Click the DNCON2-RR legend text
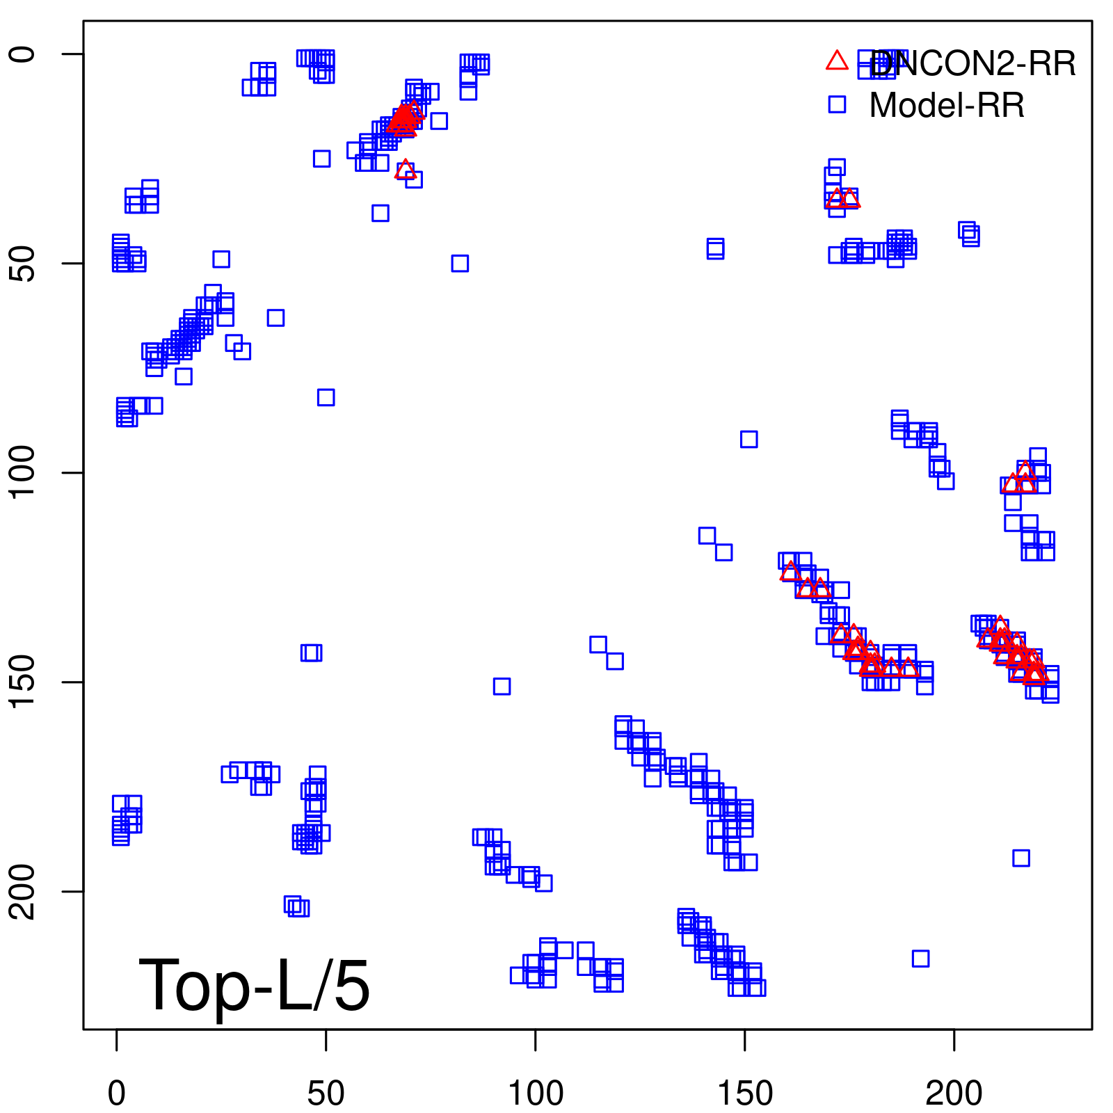pos(972,64)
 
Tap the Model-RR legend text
pos(947,106)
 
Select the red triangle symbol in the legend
pos(837,61)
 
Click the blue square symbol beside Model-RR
pos(837,104)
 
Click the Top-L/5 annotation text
pos(254,985)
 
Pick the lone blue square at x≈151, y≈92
pos(748,439)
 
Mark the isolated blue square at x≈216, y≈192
pos(1020,858)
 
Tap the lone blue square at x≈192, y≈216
pos(920,959)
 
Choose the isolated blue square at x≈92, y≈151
pos(502,686)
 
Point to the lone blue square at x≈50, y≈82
pos(326,397)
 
